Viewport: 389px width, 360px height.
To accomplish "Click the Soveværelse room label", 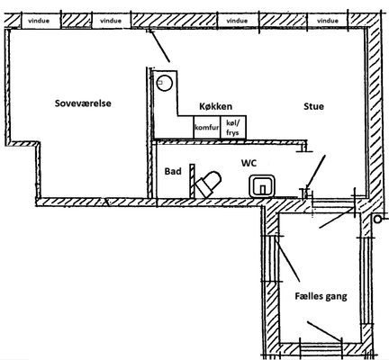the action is [83, 103].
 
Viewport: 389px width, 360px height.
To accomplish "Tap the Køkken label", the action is [215, 106].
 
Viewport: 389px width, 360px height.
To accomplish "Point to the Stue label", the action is [313, 106].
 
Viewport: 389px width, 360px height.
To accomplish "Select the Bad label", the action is [173, 171].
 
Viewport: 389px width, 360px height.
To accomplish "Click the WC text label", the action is [249, 163].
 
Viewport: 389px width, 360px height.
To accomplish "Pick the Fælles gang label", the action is [321, 296].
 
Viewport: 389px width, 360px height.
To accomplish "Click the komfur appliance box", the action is [207, 127].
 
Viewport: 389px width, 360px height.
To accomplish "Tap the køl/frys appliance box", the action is [233, 127].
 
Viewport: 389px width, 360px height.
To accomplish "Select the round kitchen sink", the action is [165, 83].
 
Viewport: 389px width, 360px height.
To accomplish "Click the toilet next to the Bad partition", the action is [208, 184].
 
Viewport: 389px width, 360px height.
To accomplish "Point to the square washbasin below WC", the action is [262, 186].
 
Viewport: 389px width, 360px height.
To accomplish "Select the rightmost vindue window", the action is [328, 21].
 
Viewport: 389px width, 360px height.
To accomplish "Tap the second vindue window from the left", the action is [111, 21].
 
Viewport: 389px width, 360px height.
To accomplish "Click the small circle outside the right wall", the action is [377, 220].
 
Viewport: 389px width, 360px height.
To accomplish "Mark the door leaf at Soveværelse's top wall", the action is [160, 46].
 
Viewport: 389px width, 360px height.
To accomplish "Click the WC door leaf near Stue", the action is [315, 172].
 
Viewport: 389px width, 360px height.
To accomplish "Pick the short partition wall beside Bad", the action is [192, 181].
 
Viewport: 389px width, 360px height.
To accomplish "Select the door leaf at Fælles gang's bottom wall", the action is [324, 330].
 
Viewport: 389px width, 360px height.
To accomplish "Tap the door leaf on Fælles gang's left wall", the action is [288, 258].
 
